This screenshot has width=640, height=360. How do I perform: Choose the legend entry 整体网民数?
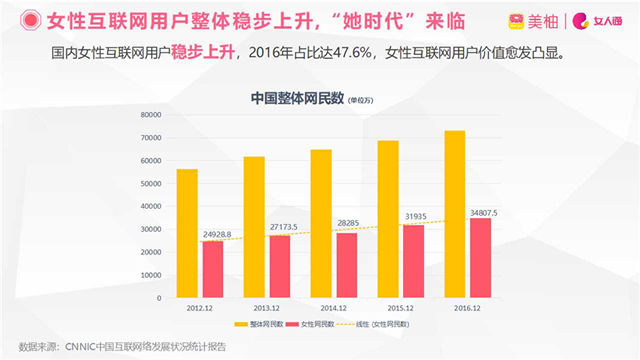(261, 325)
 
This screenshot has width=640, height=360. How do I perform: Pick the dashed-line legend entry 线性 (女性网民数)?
(379, 325)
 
